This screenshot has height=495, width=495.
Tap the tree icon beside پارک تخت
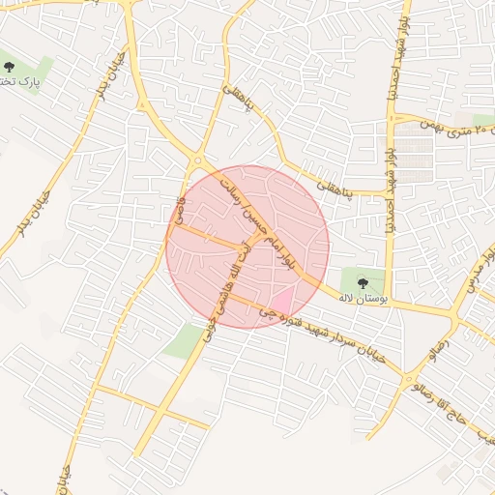tap(10, 67)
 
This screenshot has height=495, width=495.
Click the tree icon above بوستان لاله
tap(363, 282)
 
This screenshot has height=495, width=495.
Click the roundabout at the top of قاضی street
tap(198, 160)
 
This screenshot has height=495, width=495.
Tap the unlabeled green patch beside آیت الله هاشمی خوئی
tap(183, 341)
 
